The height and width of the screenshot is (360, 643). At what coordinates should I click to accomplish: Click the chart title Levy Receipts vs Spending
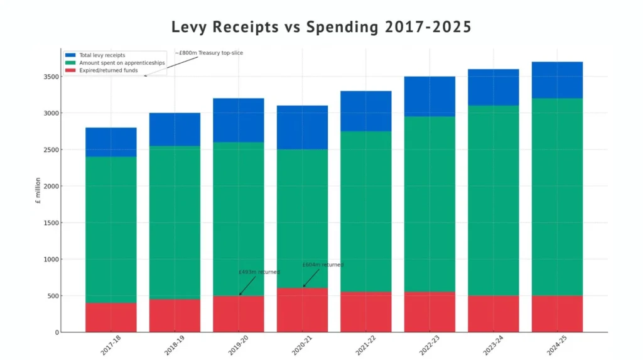coord(321,27)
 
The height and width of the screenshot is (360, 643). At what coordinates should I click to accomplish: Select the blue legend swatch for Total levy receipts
coord(70,55)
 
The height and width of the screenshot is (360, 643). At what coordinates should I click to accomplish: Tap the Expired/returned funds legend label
coord(104,70)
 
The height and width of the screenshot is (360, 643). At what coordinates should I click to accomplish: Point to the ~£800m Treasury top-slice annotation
coord(209,53)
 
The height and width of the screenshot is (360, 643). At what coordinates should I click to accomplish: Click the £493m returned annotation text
coord(259,272)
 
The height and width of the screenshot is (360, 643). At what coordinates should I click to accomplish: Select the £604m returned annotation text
coord(323,265)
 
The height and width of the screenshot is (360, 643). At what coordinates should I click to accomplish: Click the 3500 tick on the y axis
coord(51,77)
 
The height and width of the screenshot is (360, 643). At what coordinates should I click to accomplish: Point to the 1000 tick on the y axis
coord(51,259)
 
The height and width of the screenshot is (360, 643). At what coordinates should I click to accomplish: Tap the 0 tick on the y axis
coord(57,332)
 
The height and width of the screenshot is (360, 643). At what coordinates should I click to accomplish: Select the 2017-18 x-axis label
coord(111,345)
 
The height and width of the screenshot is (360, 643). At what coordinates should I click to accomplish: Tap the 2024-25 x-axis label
coord(556,345)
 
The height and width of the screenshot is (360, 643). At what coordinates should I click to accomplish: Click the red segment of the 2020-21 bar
coord(302,310)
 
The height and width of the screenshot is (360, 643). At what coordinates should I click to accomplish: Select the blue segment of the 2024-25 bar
coord(557,80)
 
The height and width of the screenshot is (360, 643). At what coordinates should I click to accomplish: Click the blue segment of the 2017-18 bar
coord(111,142)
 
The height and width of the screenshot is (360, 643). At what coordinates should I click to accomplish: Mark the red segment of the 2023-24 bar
coord(494,314)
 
